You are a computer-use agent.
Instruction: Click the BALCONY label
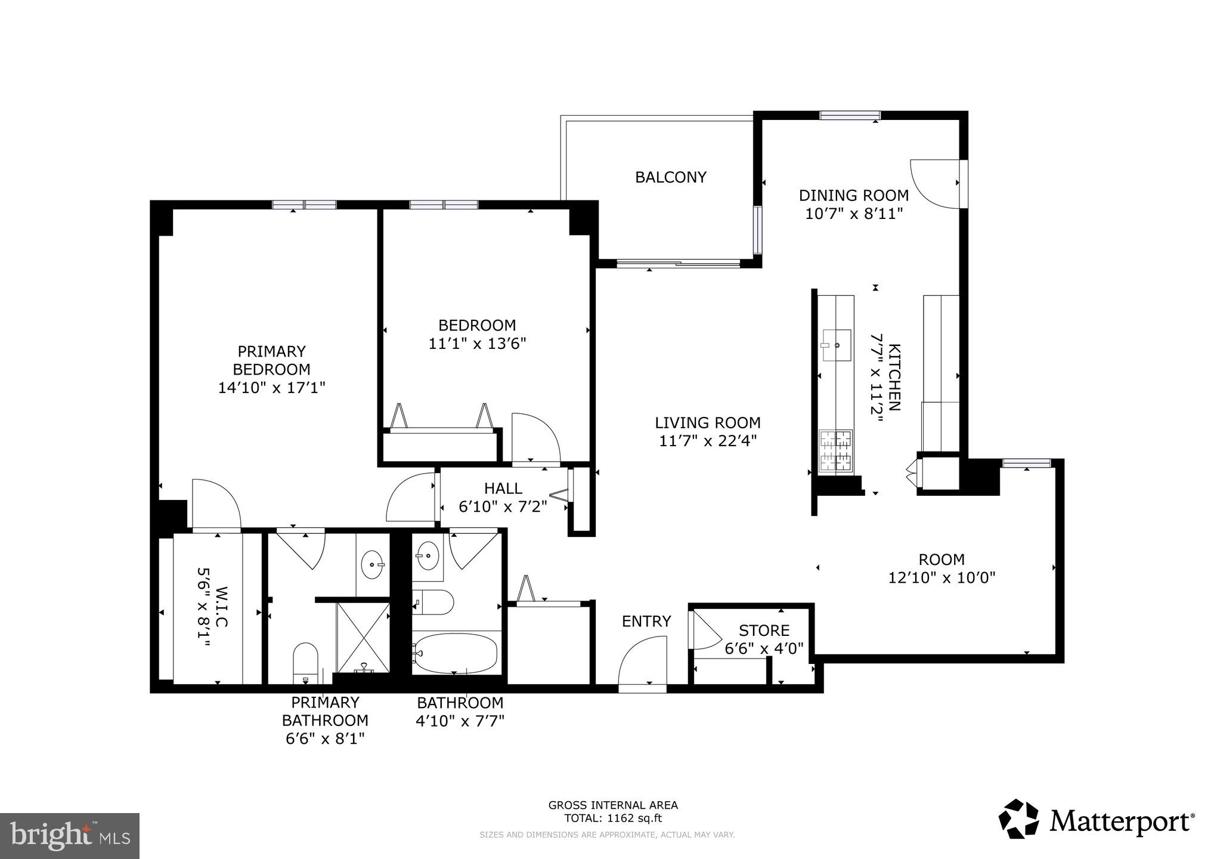[x=670, y=177]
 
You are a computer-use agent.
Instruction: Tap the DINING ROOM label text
[x=853, y=195]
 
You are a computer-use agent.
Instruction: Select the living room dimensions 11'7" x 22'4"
[x=707, y=441]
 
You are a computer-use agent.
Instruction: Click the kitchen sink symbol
[x=836, y=345]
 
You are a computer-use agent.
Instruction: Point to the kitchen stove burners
[x=835, y=451]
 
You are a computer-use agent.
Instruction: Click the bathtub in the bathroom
[x=456, y=653]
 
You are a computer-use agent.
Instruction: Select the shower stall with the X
[x=363, y=636]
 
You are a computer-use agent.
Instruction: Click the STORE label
[x=764, y=631]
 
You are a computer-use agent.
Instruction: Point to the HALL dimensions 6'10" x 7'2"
[x=503, y=507]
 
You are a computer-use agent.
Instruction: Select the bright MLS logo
[x=70, y=836]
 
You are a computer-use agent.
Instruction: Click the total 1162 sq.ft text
[x=613, y=818]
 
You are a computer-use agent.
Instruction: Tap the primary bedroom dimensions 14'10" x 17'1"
[x=271, y=388]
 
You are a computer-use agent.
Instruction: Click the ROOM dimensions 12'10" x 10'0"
[x=942, y=577]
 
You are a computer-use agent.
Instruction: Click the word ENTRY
[x=646, y=622]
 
